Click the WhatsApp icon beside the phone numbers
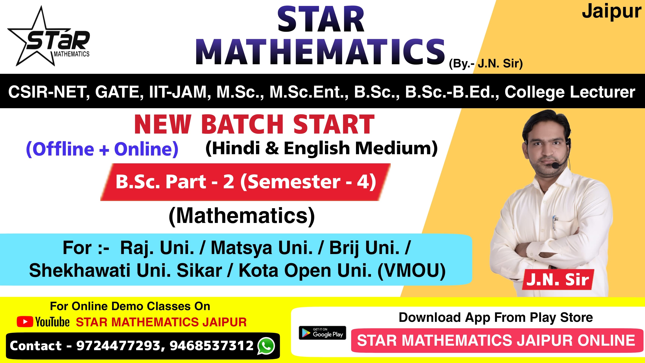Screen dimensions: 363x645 (266, 346)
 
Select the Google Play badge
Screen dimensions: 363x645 (322, 333)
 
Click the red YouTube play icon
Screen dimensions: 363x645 (25, 322)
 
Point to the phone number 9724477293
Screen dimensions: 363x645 (118, 346)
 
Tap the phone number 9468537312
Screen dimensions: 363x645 (212, 346)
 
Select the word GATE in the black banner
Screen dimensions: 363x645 (117, 92)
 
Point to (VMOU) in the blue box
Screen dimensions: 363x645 (411, 271)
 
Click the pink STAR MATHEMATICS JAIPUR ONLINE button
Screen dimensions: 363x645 (496, 340)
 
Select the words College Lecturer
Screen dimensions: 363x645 (570, 92)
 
